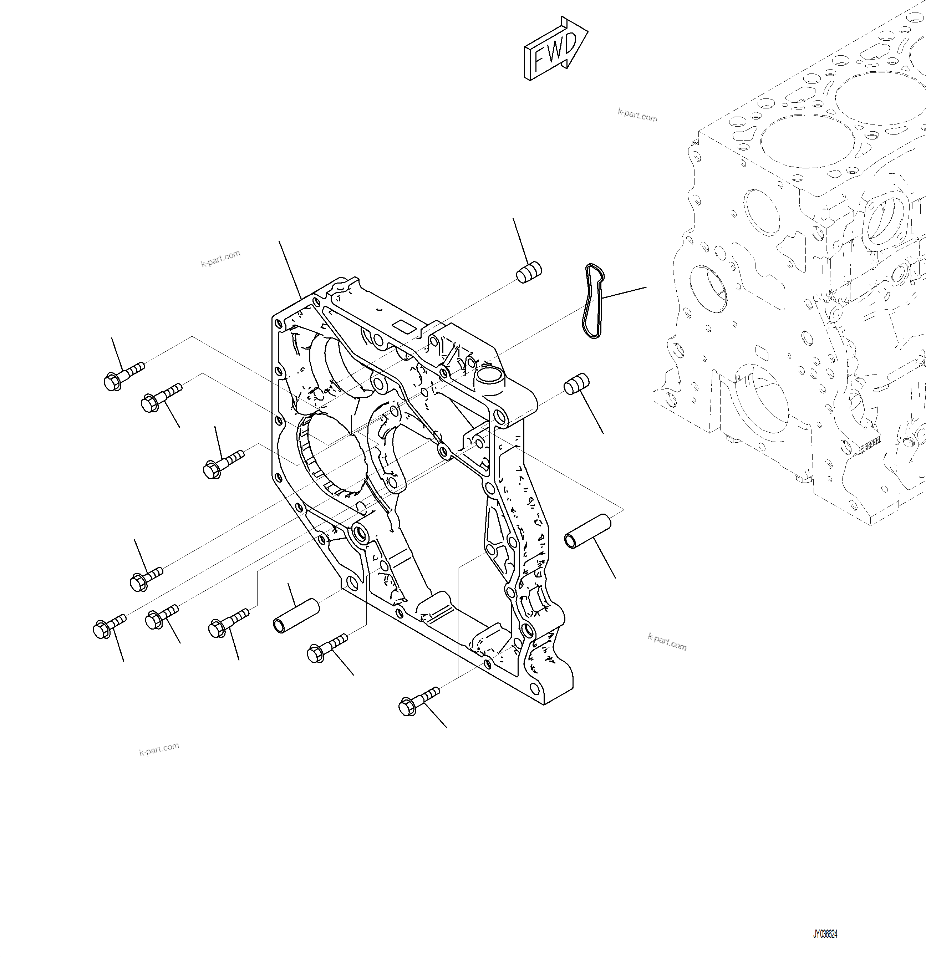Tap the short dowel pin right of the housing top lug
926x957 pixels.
tap(576, 383)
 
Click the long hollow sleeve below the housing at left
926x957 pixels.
tap(295, 617)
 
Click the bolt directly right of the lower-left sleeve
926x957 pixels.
tap(327, 648)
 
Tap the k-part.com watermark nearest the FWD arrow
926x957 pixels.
tap(637, 116)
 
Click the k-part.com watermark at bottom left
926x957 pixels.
tap(159, 749)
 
